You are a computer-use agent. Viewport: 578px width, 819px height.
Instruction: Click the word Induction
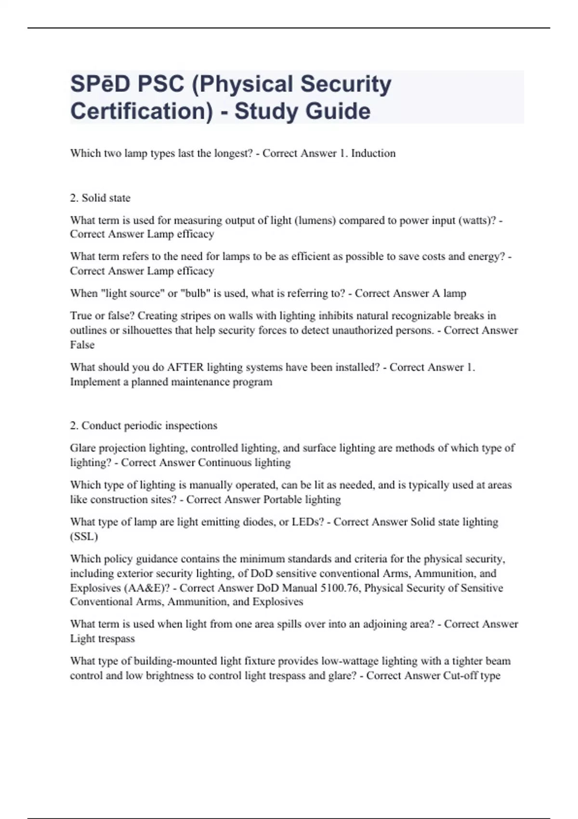click(373, 153)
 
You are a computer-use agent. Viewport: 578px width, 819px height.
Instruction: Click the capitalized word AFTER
click(185, 367)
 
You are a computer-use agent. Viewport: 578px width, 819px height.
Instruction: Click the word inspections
click(189, 426)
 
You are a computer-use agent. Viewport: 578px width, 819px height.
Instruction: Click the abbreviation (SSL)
click(84, 537)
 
